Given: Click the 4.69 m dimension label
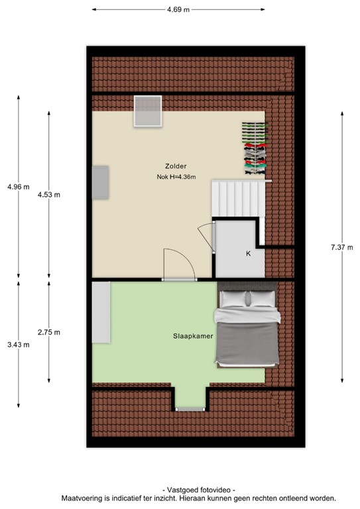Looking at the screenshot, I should click(178, 9).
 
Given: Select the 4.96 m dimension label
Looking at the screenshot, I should click(18, 187).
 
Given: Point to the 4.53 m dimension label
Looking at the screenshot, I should click(49, 194).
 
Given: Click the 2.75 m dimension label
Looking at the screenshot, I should click(49, 332).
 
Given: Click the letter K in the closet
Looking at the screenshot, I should click(248, 253).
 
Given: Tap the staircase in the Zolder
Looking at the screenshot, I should click(237, 198).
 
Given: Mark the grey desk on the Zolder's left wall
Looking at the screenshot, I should click(101, 182).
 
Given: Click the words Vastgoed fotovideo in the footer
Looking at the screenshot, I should click(198, 488).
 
